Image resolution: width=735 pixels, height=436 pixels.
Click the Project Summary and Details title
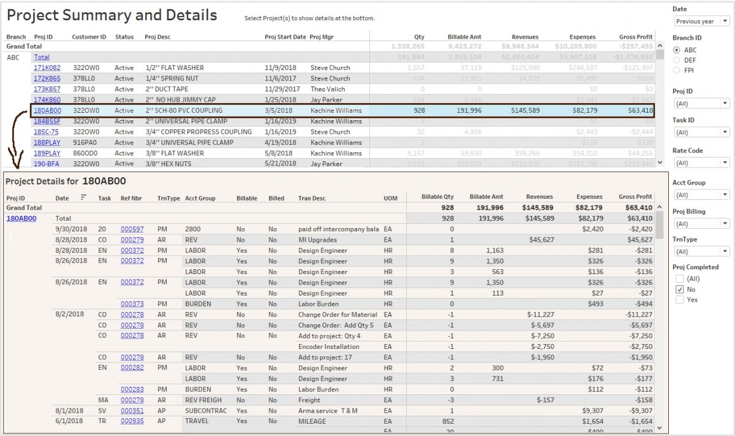tap(111, 15)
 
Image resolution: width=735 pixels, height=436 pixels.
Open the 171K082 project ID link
tap(47, 67)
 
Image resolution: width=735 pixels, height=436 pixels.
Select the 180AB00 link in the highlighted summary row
tap(47, 111)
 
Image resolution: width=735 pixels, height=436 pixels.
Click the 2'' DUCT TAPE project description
tap(167, 89)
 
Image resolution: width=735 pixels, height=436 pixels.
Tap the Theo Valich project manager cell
tap(328, 89)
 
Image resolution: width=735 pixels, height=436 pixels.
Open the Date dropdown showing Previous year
tap(701, 21)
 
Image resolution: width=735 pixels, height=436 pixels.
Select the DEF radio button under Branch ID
tap(677, 60)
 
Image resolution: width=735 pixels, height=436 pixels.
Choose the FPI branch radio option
tap(677, 71)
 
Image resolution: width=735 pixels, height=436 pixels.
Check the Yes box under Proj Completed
tap(679, 300)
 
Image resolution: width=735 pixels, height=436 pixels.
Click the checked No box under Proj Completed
tap(679, 289)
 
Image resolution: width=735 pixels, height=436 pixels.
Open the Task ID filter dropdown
tap(701, 132)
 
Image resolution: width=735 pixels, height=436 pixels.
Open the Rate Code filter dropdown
tap(701, 163)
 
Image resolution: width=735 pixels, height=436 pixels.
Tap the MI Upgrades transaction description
tap(319, 240)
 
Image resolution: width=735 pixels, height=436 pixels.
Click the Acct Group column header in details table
tap(200, 198)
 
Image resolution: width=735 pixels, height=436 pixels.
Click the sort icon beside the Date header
tap(84, 197)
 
